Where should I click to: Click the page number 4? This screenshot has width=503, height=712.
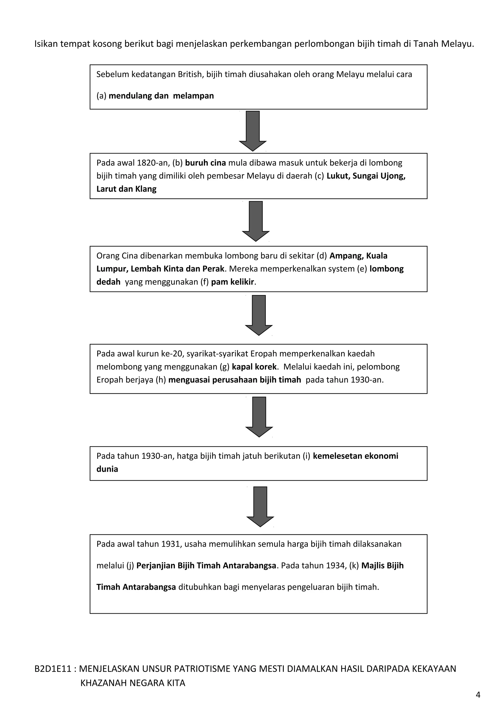coord(478,695)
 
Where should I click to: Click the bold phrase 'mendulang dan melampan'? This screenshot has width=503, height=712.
coord(161,96)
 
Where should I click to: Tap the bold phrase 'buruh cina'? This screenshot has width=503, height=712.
coord(206,163)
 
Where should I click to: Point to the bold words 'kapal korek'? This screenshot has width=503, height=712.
coord(254,367)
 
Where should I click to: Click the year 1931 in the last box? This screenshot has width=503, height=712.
coord(171,544)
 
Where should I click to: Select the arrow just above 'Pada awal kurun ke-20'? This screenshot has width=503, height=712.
coord(259,315)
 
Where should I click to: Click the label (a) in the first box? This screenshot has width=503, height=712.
coord(101,96)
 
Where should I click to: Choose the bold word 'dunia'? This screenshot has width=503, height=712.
coord(107,469)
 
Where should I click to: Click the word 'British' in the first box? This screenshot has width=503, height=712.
coord(190,74)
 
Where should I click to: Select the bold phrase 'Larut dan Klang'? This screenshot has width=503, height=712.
coord(126,189)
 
